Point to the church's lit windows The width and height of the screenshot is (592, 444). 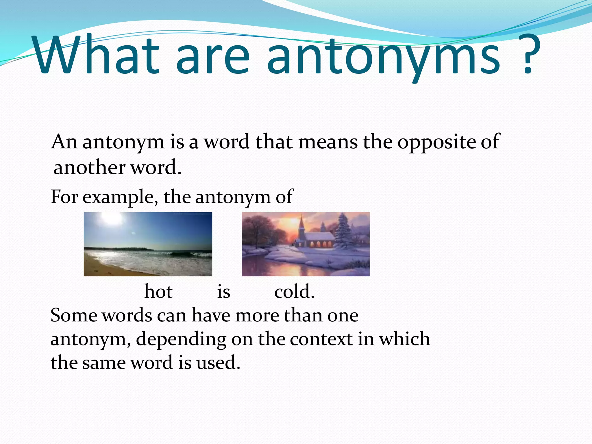click(318, 244)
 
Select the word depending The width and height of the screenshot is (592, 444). click(181, 339)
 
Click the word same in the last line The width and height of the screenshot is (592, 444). click(104, 363)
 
